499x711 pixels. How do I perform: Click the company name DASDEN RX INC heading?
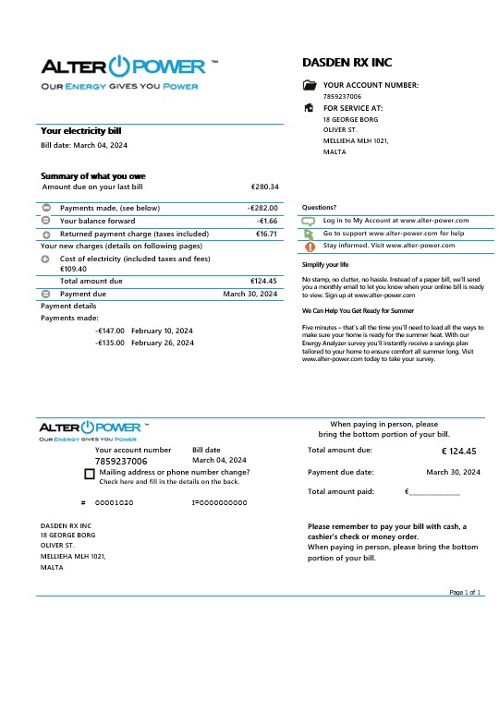point(347,63)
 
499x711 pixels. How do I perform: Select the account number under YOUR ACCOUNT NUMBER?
point(342,96)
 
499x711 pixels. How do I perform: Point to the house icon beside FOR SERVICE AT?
point(310,108)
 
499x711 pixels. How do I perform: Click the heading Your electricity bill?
point(80,131)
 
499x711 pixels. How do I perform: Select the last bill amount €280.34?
point(264,187)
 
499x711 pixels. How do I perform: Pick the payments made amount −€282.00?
point(262,209)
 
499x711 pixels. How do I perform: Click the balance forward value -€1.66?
point(267,222)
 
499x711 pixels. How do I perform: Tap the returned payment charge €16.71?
point(266,235)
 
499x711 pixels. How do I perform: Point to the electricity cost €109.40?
point(73,269)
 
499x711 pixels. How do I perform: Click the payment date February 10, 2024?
point(162,331)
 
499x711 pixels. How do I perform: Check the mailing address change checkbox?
point(89,474)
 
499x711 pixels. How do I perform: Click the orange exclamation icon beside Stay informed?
point(310,247)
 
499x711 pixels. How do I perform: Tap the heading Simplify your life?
point(325,265)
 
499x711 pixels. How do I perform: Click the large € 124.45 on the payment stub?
point(459,452)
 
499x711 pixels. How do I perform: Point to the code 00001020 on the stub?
point(115,502)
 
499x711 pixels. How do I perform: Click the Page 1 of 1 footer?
point(466,592)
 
